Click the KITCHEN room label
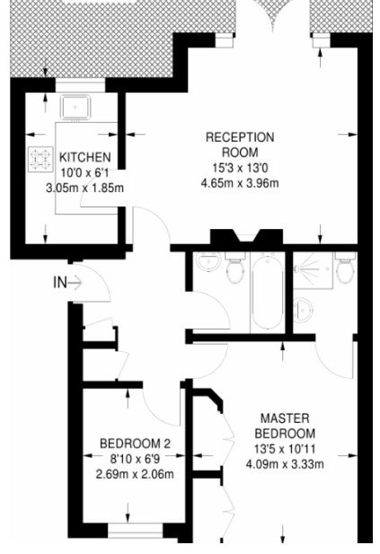[84, 157]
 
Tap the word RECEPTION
[240, 137]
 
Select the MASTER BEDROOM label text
[285, 426]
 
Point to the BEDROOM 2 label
[135, 443]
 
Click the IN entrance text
[59, 282]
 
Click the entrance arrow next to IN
[75, 283]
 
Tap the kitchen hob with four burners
[40, 159]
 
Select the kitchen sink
[75, 107]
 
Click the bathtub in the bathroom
[267, 292]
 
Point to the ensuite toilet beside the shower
[345, 268]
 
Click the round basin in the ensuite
[303, 310]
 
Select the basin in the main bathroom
[208, 262]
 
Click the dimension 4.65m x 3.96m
[240, 183]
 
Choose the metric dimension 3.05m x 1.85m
[84, 188]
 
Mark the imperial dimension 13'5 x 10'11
[285, 449]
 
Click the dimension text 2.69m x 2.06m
[135, 474]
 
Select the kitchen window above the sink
[80, 85]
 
